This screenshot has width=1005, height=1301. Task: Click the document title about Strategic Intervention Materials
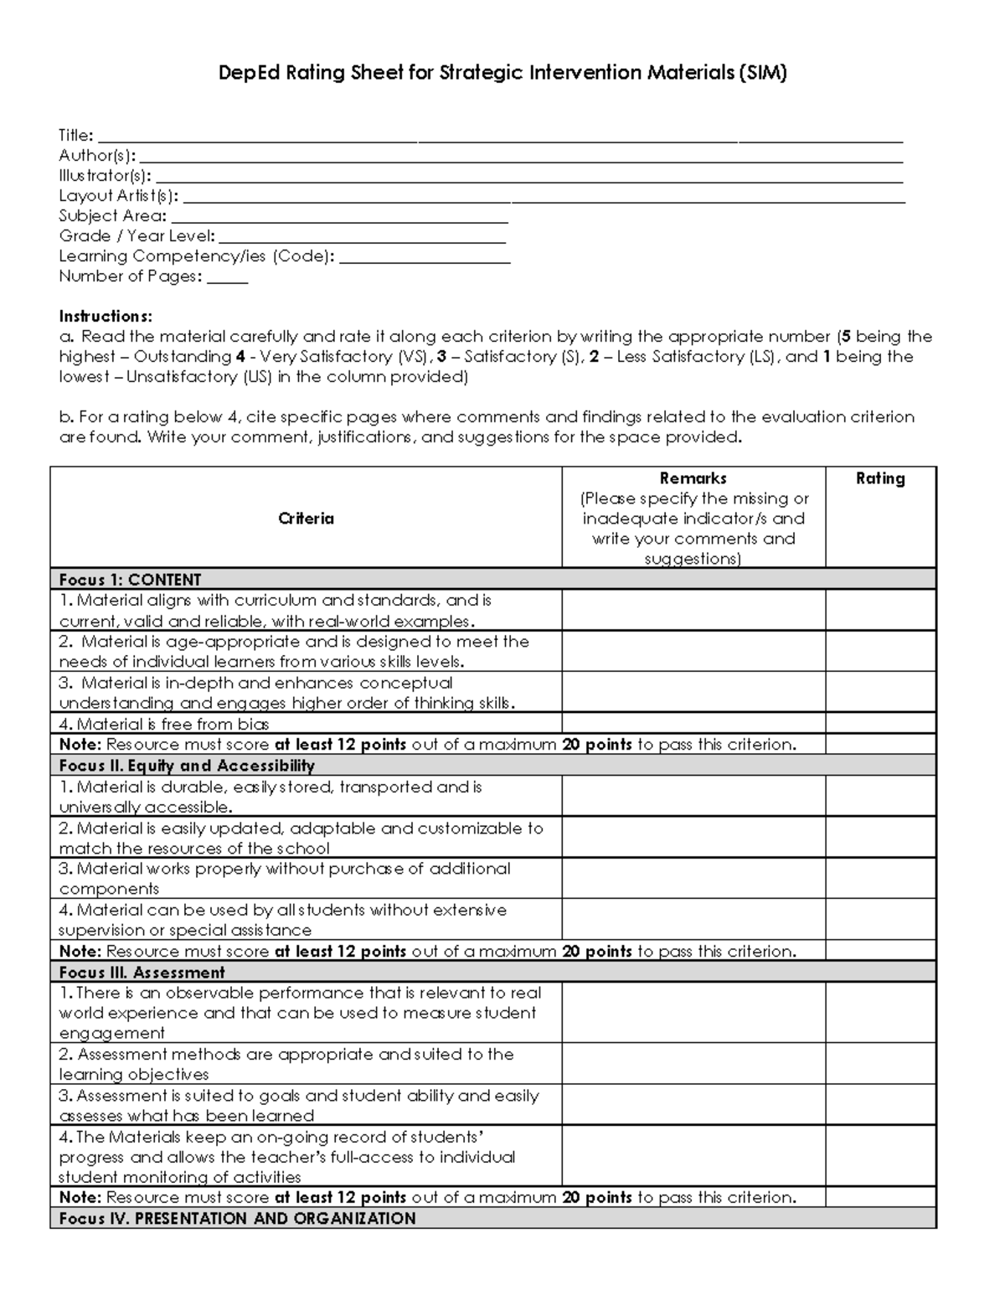(502, 73)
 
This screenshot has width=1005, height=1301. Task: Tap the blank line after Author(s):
(520, 157)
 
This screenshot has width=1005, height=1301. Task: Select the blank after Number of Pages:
(227, 278)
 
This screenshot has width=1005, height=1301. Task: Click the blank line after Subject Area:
(339, 217)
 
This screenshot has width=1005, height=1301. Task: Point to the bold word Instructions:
(106, 316)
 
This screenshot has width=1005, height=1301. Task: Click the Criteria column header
(306, 519)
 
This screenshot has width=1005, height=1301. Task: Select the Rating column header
(880, 478)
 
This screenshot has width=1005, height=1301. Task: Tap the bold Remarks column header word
(693, 478)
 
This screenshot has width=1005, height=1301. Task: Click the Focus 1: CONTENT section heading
(130, 580)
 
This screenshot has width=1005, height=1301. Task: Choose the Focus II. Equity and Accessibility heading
(187, 766)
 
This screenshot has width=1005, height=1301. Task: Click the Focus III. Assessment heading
(142, 973)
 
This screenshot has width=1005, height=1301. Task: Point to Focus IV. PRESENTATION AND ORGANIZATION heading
(237, 1219)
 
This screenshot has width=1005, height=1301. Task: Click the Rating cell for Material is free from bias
(880, 723)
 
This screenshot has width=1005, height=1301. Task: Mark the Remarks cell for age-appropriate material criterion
(693, 651)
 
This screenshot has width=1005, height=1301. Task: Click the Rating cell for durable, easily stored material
(880, 796)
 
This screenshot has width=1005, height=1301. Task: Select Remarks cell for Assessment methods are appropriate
(693, 1063)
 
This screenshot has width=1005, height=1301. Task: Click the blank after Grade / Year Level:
(362, 238)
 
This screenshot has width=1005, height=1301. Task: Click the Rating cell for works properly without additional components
(880, 878)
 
